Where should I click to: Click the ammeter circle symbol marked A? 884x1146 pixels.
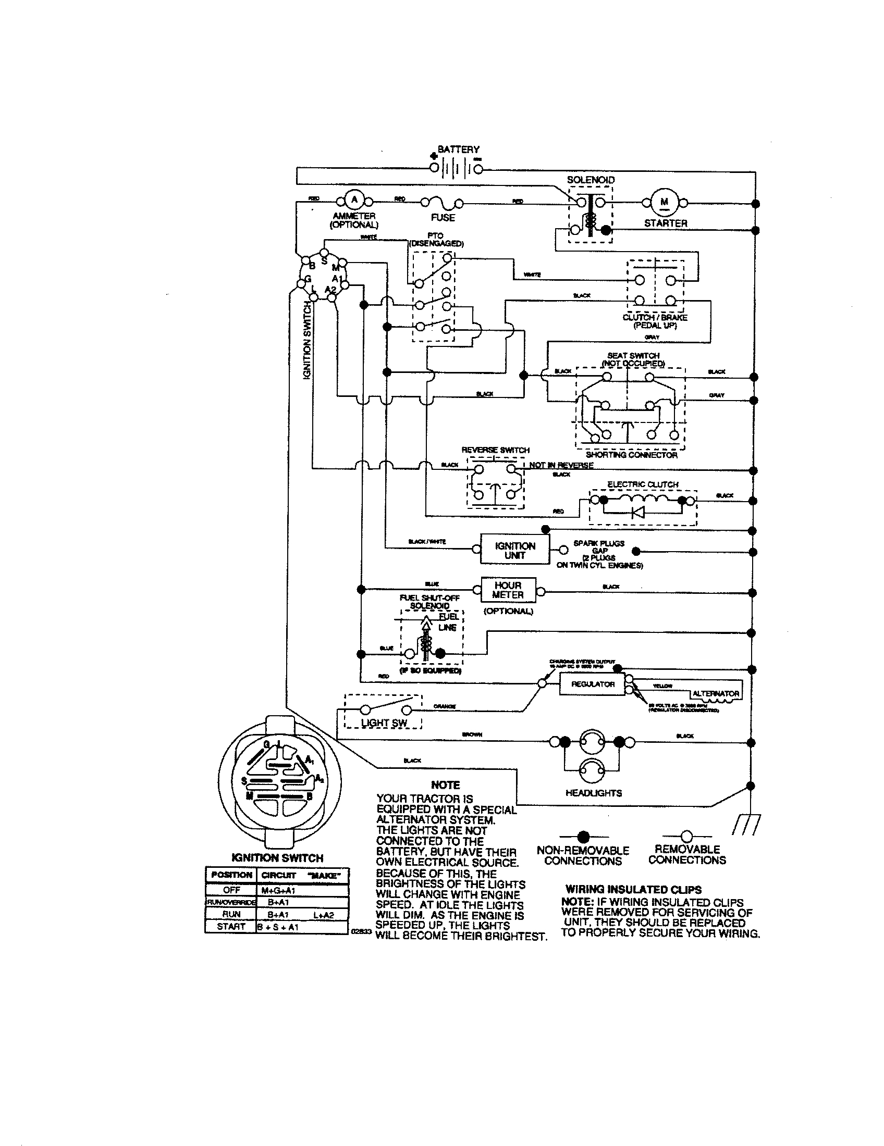pos(354,200)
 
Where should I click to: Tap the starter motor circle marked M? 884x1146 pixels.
pos(665,203)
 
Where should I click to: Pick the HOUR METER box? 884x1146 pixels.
pos(508,590)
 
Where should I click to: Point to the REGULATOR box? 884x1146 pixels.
pos(592,684)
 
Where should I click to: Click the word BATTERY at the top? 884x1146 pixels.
pos(458,150)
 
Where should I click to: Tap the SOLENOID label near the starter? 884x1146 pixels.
pos(590,180)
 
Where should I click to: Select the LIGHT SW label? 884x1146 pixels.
pos(384,723)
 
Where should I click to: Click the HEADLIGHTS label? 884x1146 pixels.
pos(593,793)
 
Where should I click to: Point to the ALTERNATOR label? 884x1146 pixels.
pos(716,693)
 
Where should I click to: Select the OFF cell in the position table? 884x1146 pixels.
pos(231,890)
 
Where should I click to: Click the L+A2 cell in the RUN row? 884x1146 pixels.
pos(323,915)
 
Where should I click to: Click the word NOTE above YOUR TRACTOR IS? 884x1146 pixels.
pos(445,785)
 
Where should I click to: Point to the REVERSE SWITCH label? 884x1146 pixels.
pos(495,450)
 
